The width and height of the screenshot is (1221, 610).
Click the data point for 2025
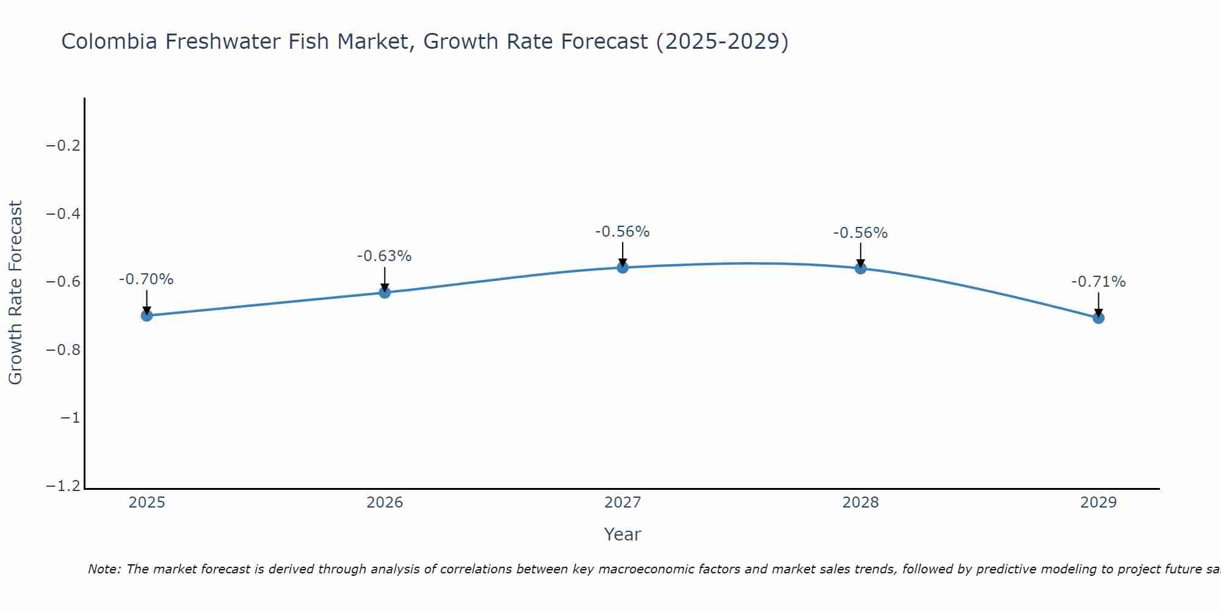pyautogui.click(x=147, y=315)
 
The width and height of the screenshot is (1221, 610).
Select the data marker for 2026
pyautogui.click(x=385, y=293)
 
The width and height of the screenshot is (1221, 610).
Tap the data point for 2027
pyautogui.click(x=623, y=267)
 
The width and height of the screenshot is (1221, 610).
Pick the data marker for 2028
pyautogui.click(x=861, y=268)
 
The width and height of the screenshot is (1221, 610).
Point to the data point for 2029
pyautogui.click(x=1098, y=318)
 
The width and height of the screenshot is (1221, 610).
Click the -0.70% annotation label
pyautogui.click(x=147, y=279)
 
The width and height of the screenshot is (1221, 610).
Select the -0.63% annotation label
pyautogui.click(x=385, y=256)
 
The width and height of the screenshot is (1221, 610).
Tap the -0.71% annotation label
pyautogui.click(x=1098, y=282)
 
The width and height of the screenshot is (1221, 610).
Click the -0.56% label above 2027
pyautogui.click(x=623, y=232)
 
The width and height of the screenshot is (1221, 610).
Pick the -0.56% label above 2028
pyautogui.click(x=861, y=233)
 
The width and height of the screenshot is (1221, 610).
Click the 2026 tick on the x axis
pyautogui.click(x=385, y=503)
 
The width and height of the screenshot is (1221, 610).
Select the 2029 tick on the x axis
pyautogui.click(x=1098, y=503)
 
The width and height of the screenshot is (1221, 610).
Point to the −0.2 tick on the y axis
pyautogui.click(x=63, y=146)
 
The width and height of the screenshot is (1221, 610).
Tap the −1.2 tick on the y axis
pyautogui.click(x=63, y=486)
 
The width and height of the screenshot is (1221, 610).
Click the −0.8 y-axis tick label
pyautogui.click(x=63, y=350)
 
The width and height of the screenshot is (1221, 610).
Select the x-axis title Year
pyautogui.click(x=623, y=534)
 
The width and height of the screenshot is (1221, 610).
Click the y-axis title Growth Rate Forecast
pyautogui.click(x=16, y=292)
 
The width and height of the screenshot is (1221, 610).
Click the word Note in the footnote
pyautogui.click(x=104, y=569)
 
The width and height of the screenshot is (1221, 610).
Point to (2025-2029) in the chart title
pyautogui.click(x=722, y=42)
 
